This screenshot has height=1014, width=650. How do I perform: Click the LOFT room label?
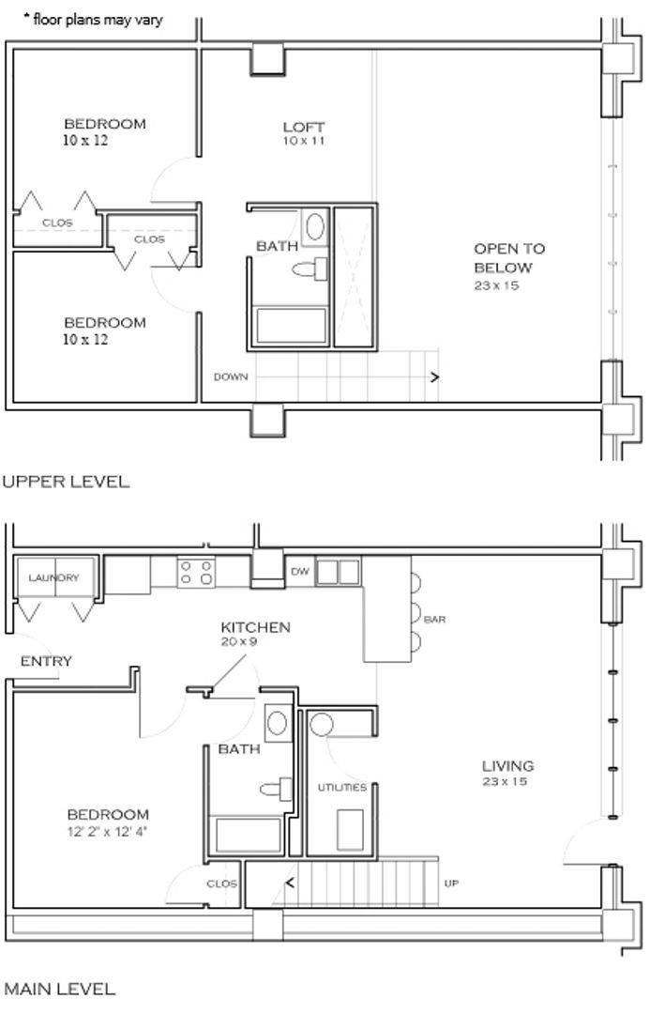pos(304,127)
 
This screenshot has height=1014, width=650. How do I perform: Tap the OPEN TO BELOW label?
pos(509,258)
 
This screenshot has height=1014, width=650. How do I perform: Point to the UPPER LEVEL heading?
pos(66,482)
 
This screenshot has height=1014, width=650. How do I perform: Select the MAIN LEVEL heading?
pos(59,989)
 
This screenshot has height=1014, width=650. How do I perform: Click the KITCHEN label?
pos(255,626)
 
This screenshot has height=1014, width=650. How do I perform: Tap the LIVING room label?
pos(507,766)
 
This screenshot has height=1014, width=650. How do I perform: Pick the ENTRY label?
pos(46,661)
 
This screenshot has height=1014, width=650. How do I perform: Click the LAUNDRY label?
pos(53,576)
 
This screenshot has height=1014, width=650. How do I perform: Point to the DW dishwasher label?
pos(300,572)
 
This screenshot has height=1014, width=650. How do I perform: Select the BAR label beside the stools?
pos(435,620)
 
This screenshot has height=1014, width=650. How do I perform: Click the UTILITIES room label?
pos(341,787)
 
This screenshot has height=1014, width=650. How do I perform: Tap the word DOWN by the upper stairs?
pos(231,377)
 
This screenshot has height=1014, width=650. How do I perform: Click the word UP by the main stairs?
pos(451,883)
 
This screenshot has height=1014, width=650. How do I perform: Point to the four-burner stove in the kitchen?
pos(196,573)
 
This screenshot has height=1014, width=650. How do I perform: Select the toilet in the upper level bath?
pos(310,269)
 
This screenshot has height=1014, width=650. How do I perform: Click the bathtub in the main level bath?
pos(249,836)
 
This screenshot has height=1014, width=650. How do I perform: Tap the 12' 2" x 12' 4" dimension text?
pos(107,831)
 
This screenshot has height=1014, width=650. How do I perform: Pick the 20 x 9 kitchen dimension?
pos(239,642)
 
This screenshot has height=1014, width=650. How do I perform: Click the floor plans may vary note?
pos(93,20)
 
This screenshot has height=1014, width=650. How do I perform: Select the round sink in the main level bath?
pos(278,722)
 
